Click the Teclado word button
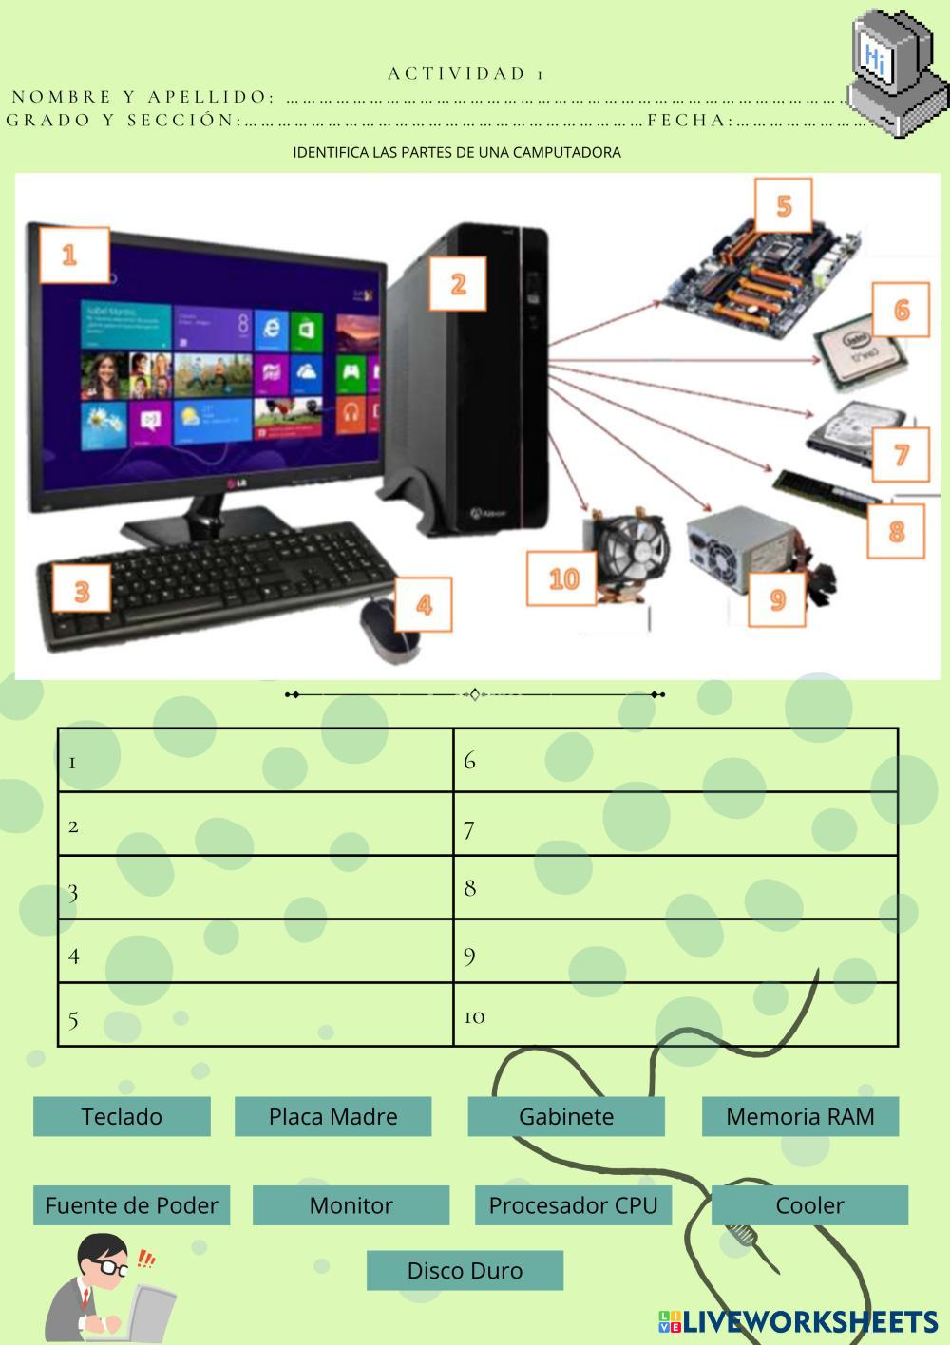pyautogui.click(x=122, y=1116)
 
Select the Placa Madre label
pyautogui.click(x=332, y=1116)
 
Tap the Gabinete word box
pyautogui.click(x=565, y=1116)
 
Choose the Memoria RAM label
pyautogui.click(x=800, y=1116)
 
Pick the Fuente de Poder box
pyautogui.click(x=131, y=1205)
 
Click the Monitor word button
pyautogui.click(x=351, y=1205)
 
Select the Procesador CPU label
pyautogui.click(x=573, y=1205)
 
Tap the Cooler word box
pyautogui.click(x=809, y=1205)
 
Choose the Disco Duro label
pyautogui.click(x=465, y=1270)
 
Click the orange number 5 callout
pyautogui.click(x=784, y=205)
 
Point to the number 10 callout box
pyautogui.click(x=562, y=578)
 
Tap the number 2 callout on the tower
pyautogui.click(x=458, y=283)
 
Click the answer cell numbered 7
pyautogui.click(x=675, y=824)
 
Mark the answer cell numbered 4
pyautogui.click(x=256, y=951)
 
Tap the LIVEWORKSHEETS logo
pyautogui.click(x=798, y=1321)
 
